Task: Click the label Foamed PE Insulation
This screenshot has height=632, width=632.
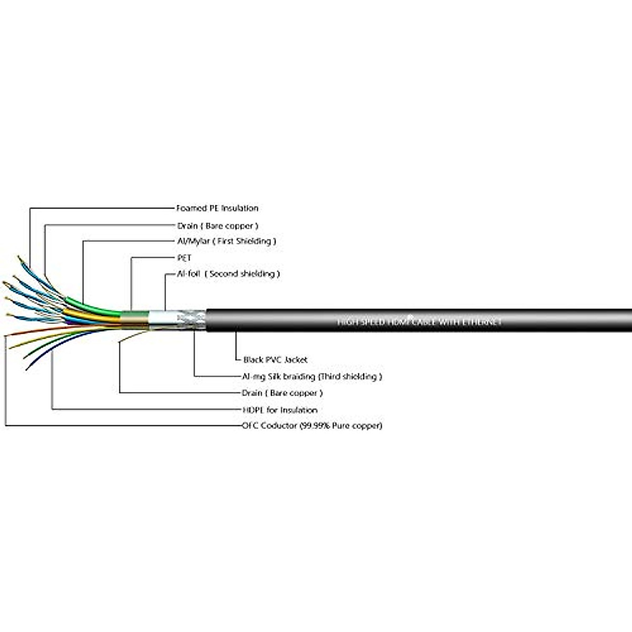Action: (x=217, y=209)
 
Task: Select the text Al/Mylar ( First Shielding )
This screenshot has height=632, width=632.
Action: (x=226, y=241)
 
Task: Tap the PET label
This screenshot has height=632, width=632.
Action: (x=184, y=258)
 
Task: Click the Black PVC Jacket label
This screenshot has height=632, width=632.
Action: (x=275, y=360)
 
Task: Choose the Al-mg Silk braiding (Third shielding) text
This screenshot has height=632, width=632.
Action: (x=312, y=377)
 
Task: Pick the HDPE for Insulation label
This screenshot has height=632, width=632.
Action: (x=280, y=410)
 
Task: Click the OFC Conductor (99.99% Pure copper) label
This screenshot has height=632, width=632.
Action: (x=312, y=426)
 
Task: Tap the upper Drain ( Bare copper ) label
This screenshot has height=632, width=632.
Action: (x=218, y=226)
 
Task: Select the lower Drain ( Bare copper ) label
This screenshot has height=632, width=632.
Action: (x=282, y=393)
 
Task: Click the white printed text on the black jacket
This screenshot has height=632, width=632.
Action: (x=419, y=321)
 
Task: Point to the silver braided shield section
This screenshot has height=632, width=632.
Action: (x=191, y=320)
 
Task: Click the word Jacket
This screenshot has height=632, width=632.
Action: (x=295, y=360)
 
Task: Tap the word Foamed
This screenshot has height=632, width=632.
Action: (x=192, y=209)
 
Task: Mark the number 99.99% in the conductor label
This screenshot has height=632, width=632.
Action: (x=314, y=426)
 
